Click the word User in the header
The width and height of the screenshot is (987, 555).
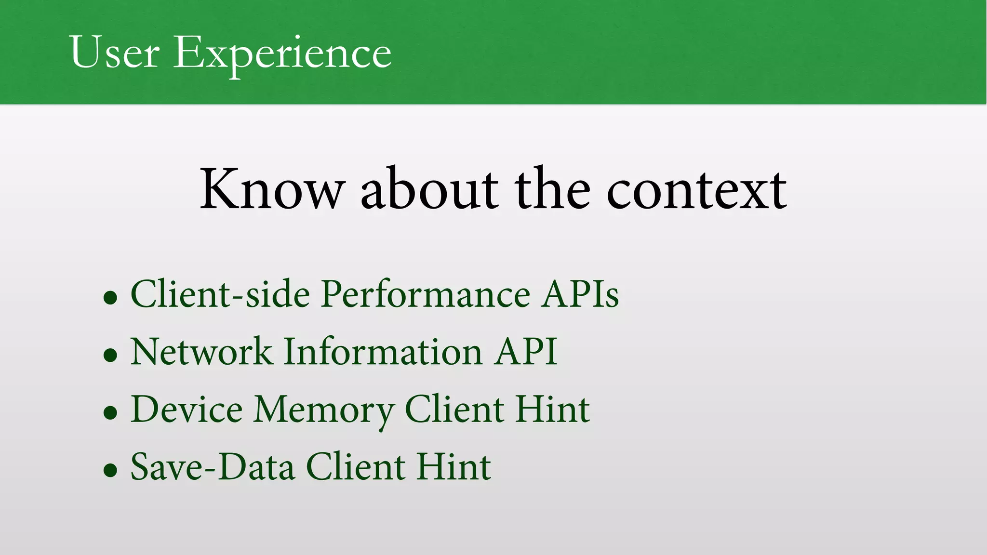pyautogui.click(x=114, y=52)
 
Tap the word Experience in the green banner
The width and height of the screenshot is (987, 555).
pyautogui.click(x=282, y=54)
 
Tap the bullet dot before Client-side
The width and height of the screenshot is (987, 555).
pyautogui.click(x=110, y=298)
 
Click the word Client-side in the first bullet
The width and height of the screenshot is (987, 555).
pyautogui.click(x=220, y=294)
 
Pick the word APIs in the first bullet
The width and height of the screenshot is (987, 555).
pyautogui.click(x=580, y=294)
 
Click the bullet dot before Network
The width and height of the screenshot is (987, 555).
pyautogui.click(x=110, y=356)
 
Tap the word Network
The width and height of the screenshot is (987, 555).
pyautogui.click(x=201, y=352)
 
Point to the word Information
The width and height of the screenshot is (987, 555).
pyautogui.click(x=383, y=352)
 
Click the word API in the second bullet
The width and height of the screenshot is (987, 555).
pyautogui.click(x=526, y=352)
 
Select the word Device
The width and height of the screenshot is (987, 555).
pyautogui.click(x=187, y=410)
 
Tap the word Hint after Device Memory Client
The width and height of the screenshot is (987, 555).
pyautogui.click(x=552, y=410)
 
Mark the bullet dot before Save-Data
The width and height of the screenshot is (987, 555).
pyautogui.click(x=110, y=470)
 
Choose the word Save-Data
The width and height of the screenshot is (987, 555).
pyautogui.click(x=213, y=467)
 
